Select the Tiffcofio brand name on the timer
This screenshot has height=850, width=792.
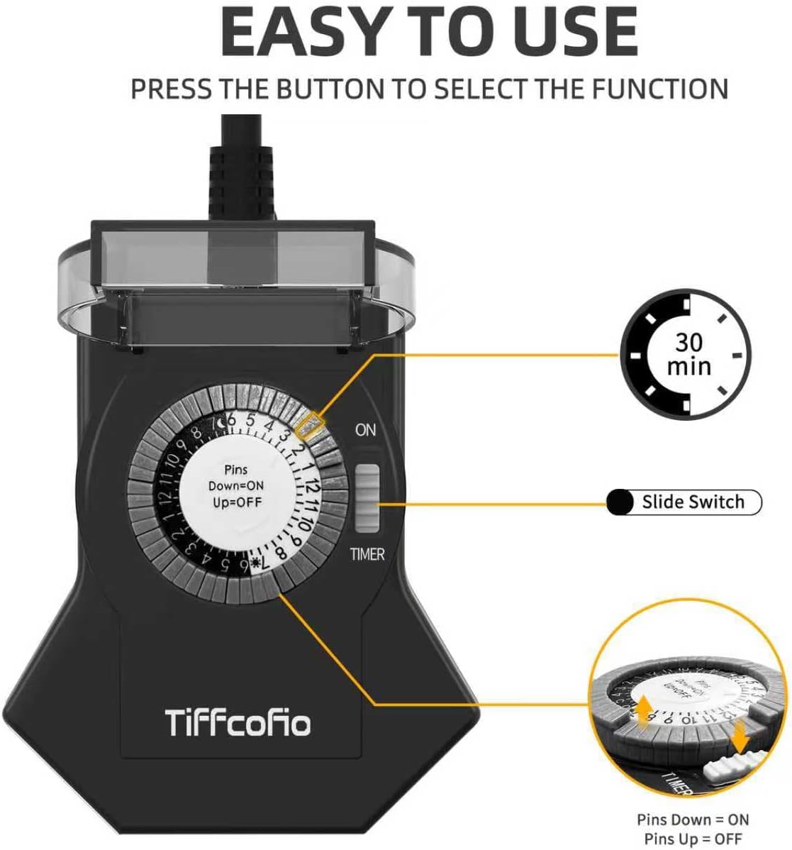click(238, 723)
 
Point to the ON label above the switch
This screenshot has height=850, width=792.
click(365, 430)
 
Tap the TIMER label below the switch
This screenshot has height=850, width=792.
click(367, 554)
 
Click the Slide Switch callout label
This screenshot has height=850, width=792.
click(693, 502)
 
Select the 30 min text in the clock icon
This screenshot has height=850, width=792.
click(688, 354)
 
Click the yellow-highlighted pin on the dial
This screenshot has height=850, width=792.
click(310, 424)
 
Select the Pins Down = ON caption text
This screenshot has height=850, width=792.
click(692, 820)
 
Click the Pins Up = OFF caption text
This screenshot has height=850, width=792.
click(692, 839)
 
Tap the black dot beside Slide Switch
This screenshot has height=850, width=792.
click(620, 502)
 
